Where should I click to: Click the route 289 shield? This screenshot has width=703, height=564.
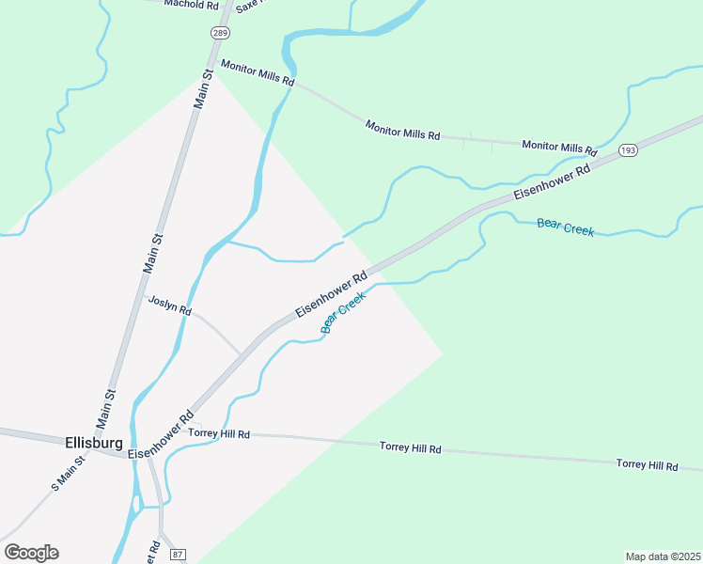coord(219,32)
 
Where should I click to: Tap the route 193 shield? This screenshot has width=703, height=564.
coord(629,150)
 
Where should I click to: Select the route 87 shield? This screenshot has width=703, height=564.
coord(180,554)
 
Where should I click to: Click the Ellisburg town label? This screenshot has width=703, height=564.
coord(95,441)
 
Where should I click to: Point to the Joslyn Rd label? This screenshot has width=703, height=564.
coord(170,304)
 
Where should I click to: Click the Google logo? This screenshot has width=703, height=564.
coord(31,552)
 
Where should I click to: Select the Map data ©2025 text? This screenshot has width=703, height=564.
coord(663,556)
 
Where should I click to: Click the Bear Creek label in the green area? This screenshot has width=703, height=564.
coord(565,227)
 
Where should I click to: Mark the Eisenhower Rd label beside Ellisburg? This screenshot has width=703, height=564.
coord(161,434)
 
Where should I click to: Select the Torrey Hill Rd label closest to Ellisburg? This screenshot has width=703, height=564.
coord(219,433)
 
